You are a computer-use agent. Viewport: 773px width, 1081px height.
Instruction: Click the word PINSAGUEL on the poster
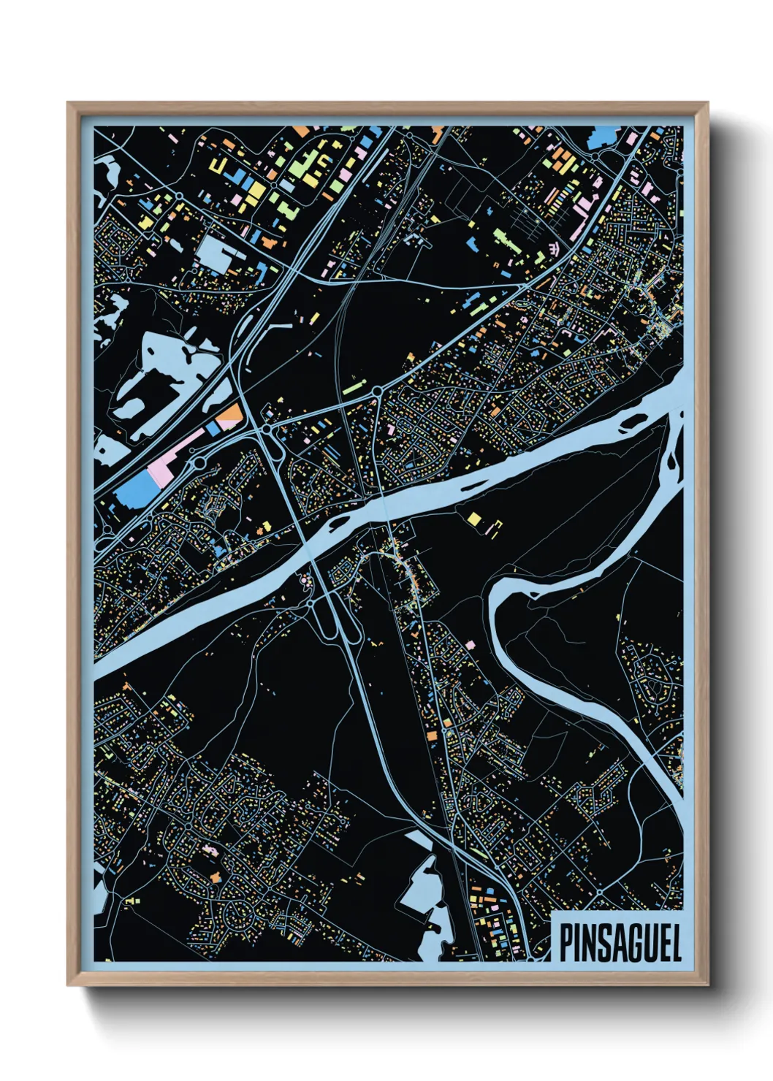[x=620, y=941]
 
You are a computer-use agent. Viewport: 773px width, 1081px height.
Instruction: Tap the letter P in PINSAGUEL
[x=566, y=941]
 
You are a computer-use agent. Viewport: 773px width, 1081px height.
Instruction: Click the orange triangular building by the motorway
[x=231, y=414]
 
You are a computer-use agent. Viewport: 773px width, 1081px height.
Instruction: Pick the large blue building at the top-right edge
[x=603, y=137]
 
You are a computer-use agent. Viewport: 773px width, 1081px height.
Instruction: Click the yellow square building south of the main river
[x=475, y=519]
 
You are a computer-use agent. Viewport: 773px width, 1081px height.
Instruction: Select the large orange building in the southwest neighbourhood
[x=216, y=875]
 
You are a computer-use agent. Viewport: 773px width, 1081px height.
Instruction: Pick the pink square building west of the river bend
[x=469, y=645]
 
